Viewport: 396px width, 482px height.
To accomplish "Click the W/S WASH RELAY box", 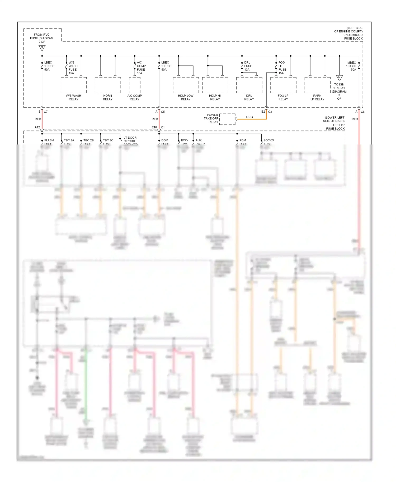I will (x=74, y=85).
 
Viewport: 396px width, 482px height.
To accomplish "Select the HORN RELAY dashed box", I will (x=108, y=85).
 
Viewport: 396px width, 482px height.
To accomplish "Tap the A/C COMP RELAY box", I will (x=135, y=85).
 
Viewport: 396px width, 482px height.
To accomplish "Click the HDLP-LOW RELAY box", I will (x=186, y=85).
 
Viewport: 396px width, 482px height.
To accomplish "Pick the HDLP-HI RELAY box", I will (x=215, y=85).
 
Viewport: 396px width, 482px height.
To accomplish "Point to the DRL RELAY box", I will (x=249, y=85).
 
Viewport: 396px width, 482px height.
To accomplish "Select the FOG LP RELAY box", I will (x=283, y=85).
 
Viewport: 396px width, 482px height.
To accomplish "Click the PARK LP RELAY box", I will (x=317, y=85).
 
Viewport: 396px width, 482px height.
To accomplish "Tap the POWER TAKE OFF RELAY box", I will (x=227, y=119).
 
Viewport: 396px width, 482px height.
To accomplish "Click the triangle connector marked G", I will (x=42, y=48).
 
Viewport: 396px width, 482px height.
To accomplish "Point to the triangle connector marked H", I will (x=339, y=78).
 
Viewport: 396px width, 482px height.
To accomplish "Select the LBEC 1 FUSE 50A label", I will (x=49, y=66).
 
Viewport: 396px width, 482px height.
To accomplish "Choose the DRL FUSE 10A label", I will (x=248, y=66).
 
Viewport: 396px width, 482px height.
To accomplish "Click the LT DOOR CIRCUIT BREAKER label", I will (x=130, y=141).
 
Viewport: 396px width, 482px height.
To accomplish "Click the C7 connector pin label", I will (x=46, y=112).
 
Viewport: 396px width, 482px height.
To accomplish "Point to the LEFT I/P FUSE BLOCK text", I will (x=335, y=127).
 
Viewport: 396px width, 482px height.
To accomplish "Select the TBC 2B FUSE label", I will (x=88, y=142).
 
